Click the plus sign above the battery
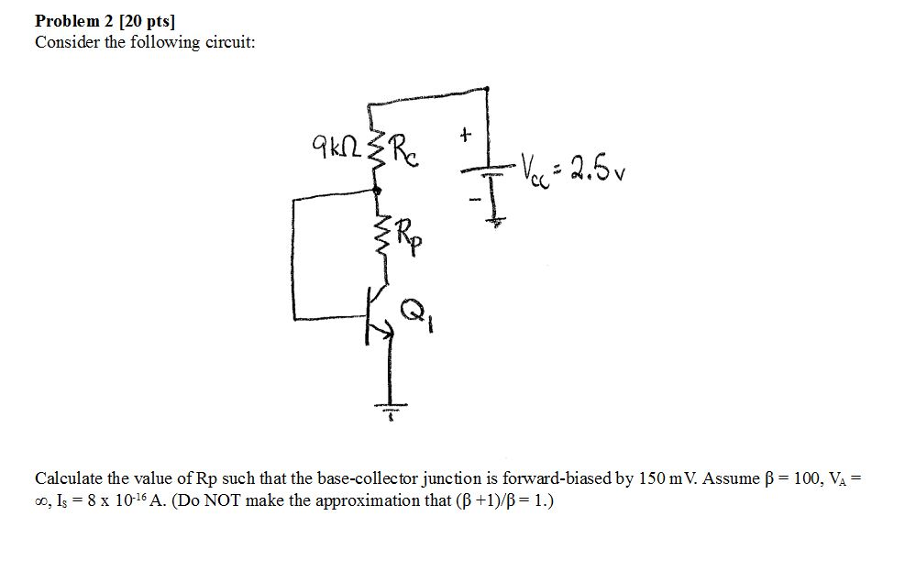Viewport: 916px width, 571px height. (x=466, y=135)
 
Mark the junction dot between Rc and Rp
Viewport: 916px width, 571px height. (x=377, y=190)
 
